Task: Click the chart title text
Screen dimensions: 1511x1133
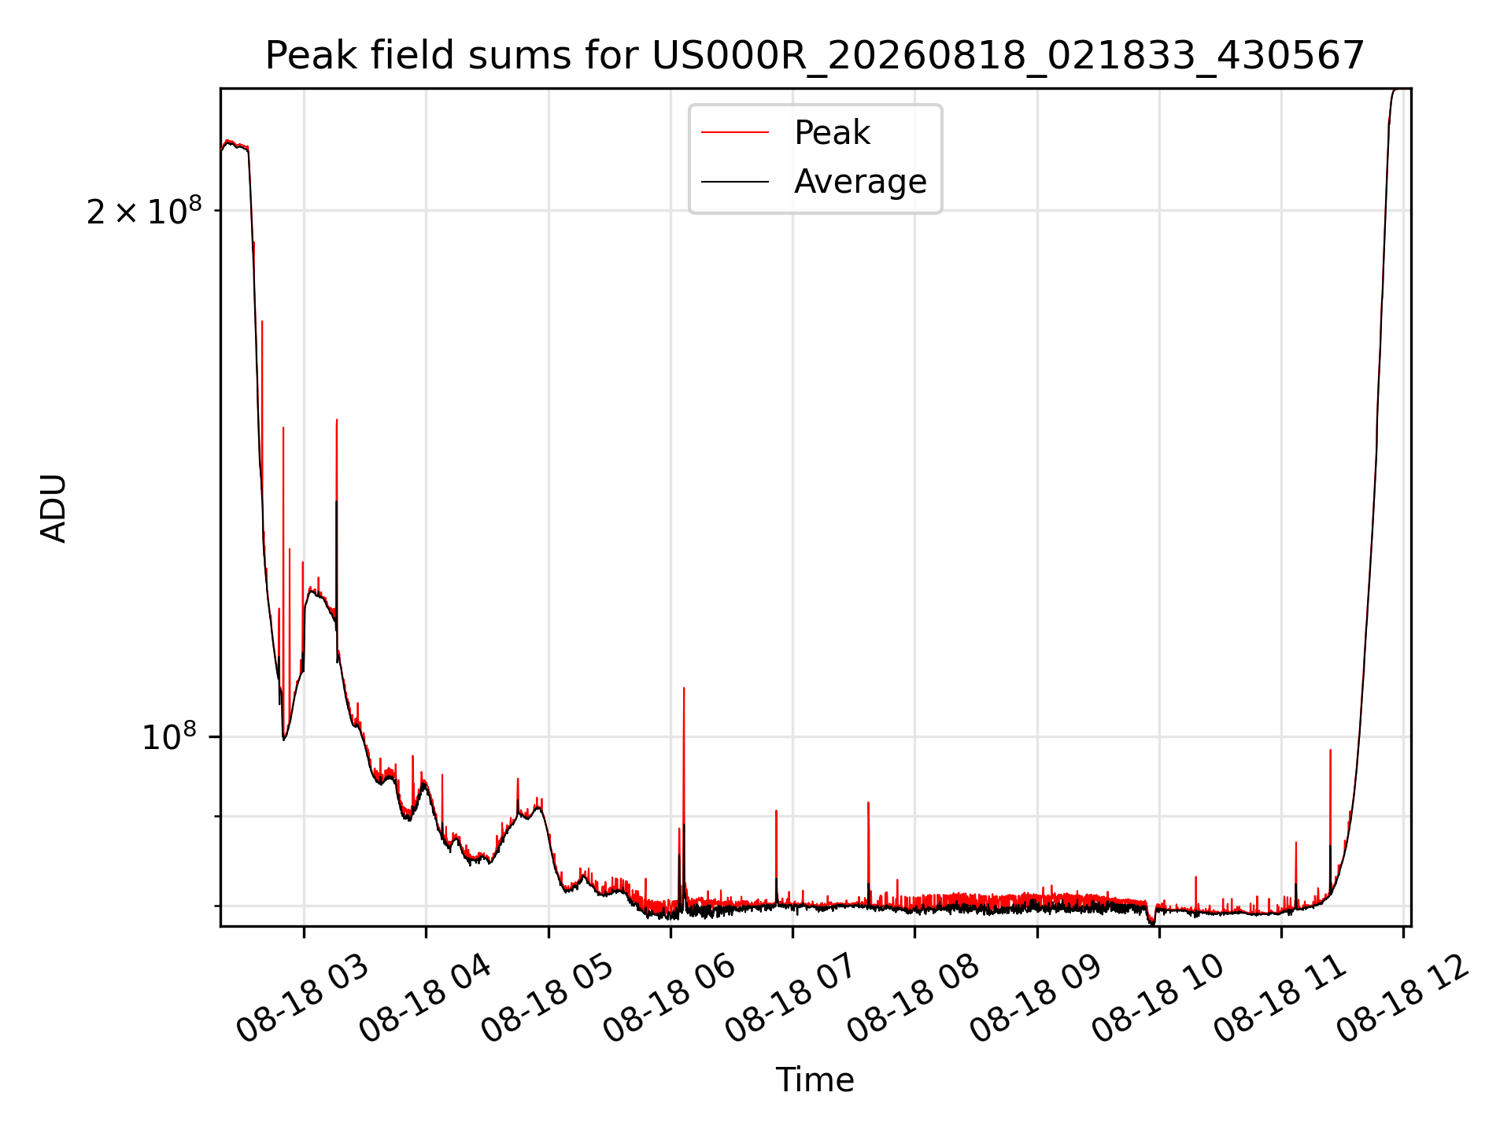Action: point(815,56)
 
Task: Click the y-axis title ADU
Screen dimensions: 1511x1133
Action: point(54,508)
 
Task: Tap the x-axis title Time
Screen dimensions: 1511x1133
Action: point(815,1080)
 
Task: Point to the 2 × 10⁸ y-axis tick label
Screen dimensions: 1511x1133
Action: point(144,211)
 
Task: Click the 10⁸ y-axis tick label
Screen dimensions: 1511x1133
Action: point(169,737)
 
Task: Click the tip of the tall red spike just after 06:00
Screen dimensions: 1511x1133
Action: point(684,688)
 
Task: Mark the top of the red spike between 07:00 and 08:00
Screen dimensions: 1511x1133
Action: point(868,803)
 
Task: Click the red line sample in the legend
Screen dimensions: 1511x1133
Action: point(735,133)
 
